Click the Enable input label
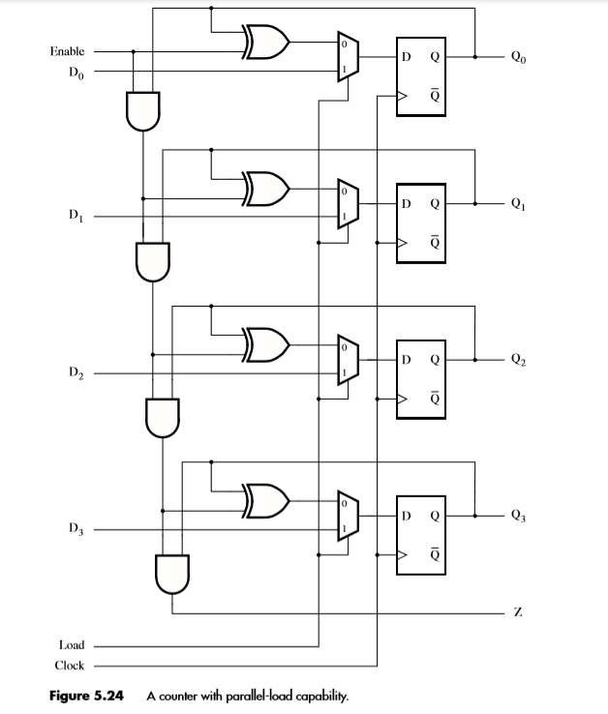(x=67, y=50)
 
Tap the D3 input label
(x=75, y=528)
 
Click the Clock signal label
(x=69, y=666)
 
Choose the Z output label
(x=520, y=613)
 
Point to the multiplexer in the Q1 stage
(x=347, y=204)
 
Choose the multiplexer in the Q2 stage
(x=347, y=359)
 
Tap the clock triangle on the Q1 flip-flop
(x=401, y=246)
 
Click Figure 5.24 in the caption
(x=88, y=696)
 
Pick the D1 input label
(x=75, y=216)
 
